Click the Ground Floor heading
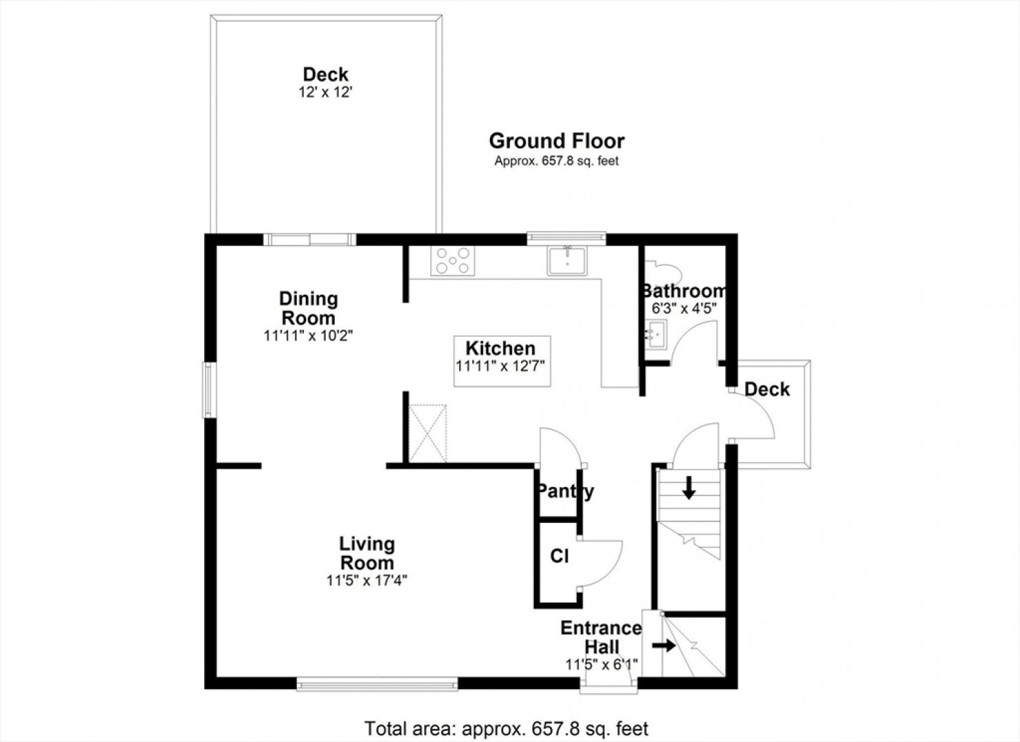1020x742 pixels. (557, 141)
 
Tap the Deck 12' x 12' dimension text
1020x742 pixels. (326, 93)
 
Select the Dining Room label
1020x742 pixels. (309, 308)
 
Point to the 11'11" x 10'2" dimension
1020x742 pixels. (309, 336)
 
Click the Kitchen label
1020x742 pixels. (500, 348)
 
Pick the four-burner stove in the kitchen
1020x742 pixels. (453, 261)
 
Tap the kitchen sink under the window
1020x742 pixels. (567, 260)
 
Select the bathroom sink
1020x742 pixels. (656, 335)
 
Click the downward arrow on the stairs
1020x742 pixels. (689, 487)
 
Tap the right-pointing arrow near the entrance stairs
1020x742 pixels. (663, 646)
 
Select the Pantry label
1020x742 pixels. (566, 492)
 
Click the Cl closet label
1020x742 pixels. (559, 556)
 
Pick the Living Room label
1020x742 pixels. (367, 553)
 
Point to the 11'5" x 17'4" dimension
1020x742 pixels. (366, 581)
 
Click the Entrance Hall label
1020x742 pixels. (601, 638)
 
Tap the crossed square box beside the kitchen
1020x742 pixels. (428, 434)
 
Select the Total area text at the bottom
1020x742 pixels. (507, 728)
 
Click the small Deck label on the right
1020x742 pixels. (767, 390)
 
